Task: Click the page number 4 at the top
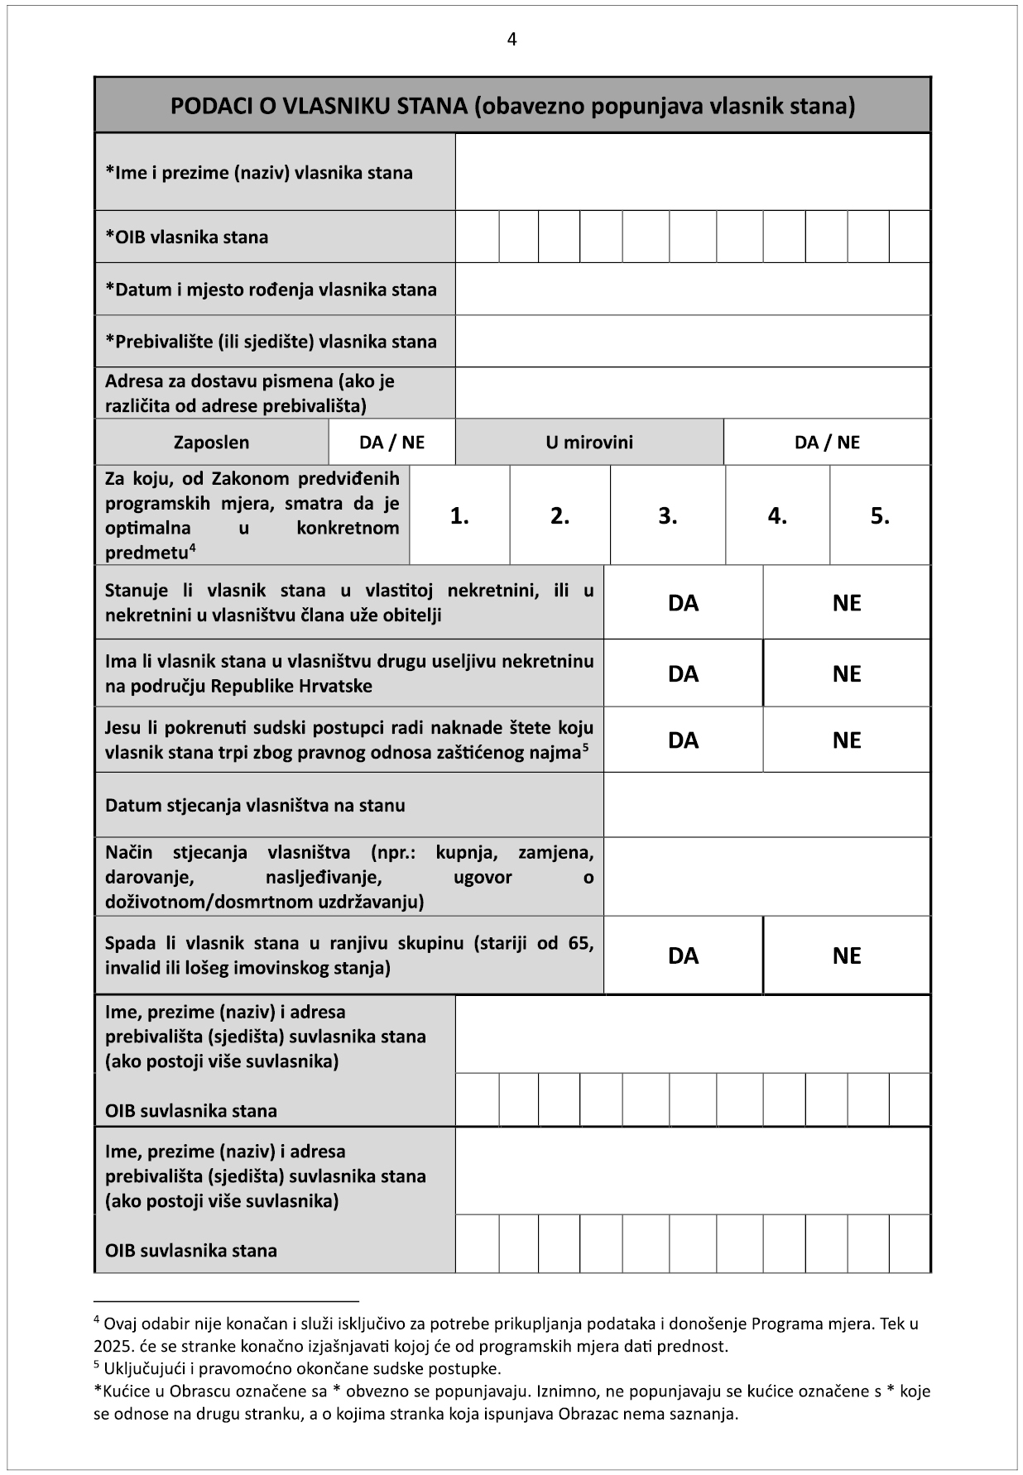(x=511, y=40)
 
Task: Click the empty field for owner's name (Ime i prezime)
(x=692, y=172)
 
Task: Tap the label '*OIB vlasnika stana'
(x=187, y=237)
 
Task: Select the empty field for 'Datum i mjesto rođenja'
(x=692, y=290)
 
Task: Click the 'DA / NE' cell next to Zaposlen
(x=391, y=443)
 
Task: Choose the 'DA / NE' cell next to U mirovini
(x=826, y=443)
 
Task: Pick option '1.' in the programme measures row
(x=459, y=516)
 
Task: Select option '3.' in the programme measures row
(x=667, y=516)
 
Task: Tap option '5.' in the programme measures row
(x=880, y=516)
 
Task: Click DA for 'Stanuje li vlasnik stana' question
(x=683, y=603)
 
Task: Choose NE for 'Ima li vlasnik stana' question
(x=846, y=674)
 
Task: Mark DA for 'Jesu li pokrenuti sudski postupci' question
(x=683, y=740)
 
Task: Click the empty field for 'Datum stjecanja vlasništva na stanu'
(x=766, y=805)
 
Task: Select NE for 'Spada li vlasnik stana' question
(x=846, y=956)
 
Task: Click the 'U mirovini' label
(x=588, y=443)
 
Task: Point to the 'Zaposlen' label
(x=211, y=443)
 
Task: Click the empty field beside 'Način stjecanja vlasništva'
(x=766, y=877)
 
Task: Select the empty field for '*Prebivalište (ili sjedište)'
(x=692, y=342)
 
